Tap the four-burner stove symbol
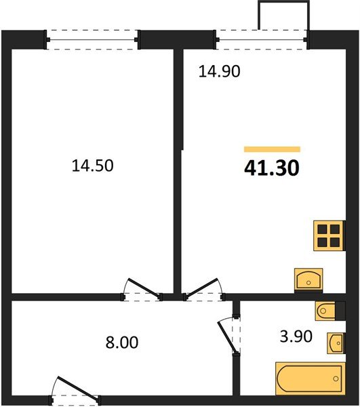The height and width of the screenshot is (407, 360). point(329,235)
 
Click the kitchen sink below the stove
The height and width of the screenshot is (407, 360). point(309,279)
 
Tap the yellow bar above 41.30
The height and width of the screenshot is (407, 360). point(272,148)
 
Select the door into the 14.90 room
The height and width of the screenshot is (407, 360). point(204,288)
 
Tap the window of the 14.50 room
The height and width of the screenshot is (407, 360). point(94,39)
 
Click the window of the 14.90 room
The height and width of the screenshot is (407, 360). point(262,39)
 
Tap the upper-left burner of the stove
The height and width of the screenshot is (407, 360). point(323,229)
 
